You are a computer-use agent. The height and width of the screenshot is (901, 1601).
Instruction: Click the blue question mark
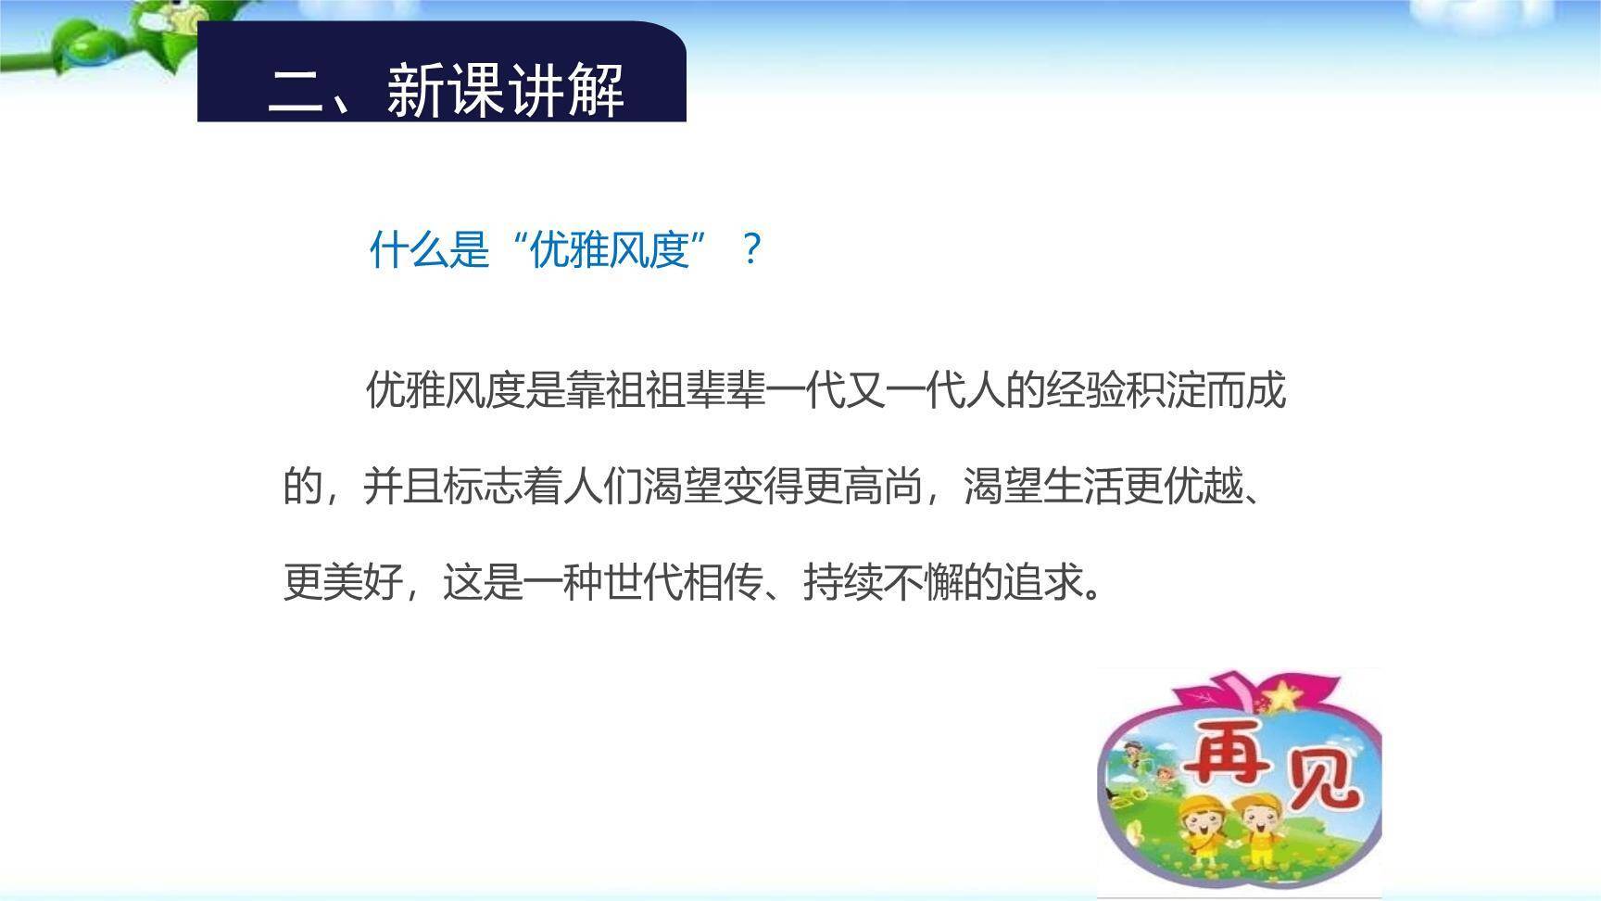tap(751, 250)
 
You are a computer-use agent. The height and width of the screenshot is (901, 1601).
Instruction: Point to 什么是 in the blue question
tap(429, 250)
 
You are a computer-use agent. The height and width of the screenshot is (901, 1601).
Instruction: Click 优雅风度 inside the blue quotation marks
tap(610, 250)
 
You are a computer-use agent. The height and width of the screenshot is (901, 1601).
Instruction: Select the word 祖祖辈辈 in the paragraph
tap(686, 390)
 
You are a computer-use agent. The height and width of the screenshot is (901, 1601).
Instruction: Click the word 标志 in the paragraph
tap(483, 487)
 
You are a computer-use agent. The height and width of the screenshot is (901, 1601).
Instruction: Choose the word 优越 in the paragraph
tap(1204, 487)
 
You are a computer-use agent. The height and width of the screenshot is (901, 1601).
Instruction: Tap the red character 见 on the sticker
tap(1319, 779)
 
